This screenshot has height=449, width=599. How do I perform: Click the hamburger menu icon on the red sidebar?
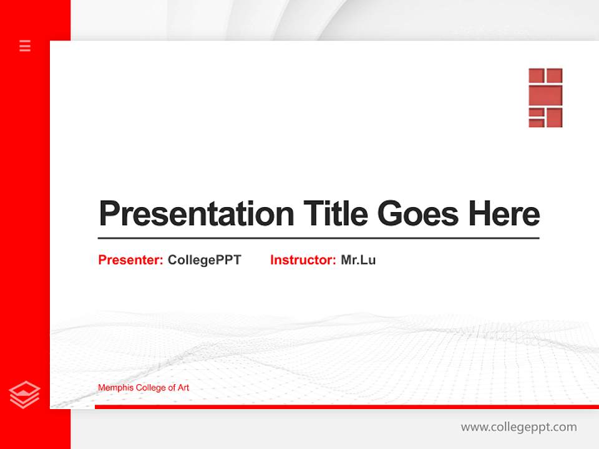point(25,46)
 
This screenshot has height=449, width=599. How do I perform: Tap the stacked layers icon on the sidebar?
point(25,395)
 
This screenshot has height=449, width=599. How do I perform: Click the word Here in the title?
point(504,214)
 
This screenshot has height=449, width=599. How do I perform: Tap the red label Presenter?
point(130,260)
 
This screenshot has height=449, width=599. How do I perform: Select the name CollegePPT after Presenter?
point(204,260)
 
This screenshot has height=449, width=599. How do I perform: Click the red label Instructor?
point(303,260)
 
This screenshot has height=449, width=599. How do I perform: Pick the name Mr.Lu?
point(358,260)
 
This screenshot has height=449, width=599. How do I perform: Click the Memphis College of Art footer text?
point(144,388)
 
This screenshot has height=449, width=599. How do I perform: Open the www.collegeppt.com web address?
point(519,427)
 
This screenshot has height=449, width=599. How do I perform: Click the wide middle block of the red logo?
point(545,95)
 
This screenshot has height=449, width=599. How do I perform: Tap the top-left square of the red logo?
point(537,75)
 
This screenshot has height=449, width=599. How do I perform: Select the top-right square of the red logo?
point(555,75)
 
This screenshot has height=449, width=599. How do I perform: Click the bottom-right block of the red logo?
point(555,117)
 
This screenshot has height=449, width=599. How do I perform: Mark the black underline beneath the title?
point(318,238)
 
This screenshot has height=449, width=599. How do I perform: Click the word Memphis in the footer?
point(114,388)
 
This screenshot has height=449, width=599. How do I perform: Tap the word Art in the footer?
point(182,388)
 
